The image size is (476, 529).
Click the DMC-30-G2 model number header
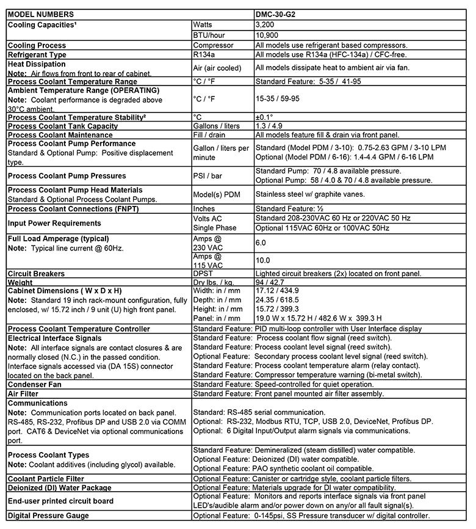(278, 13)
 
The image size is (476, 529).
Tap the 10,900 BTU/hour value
(268, 35)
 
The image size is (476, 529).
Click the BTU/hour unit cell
(209, 35)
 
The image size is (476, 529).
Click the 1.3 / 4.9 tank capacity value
(269, 126)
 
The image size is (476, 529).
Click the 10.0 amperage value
(264, 260)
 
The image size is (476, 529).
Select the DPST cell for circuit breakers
(204, 274)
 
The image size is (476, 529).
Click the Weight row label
(21, 283)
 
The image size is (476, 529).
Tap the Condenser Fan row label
(37, 384)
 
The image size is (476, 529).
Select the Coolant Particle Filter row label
(46, 479)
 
